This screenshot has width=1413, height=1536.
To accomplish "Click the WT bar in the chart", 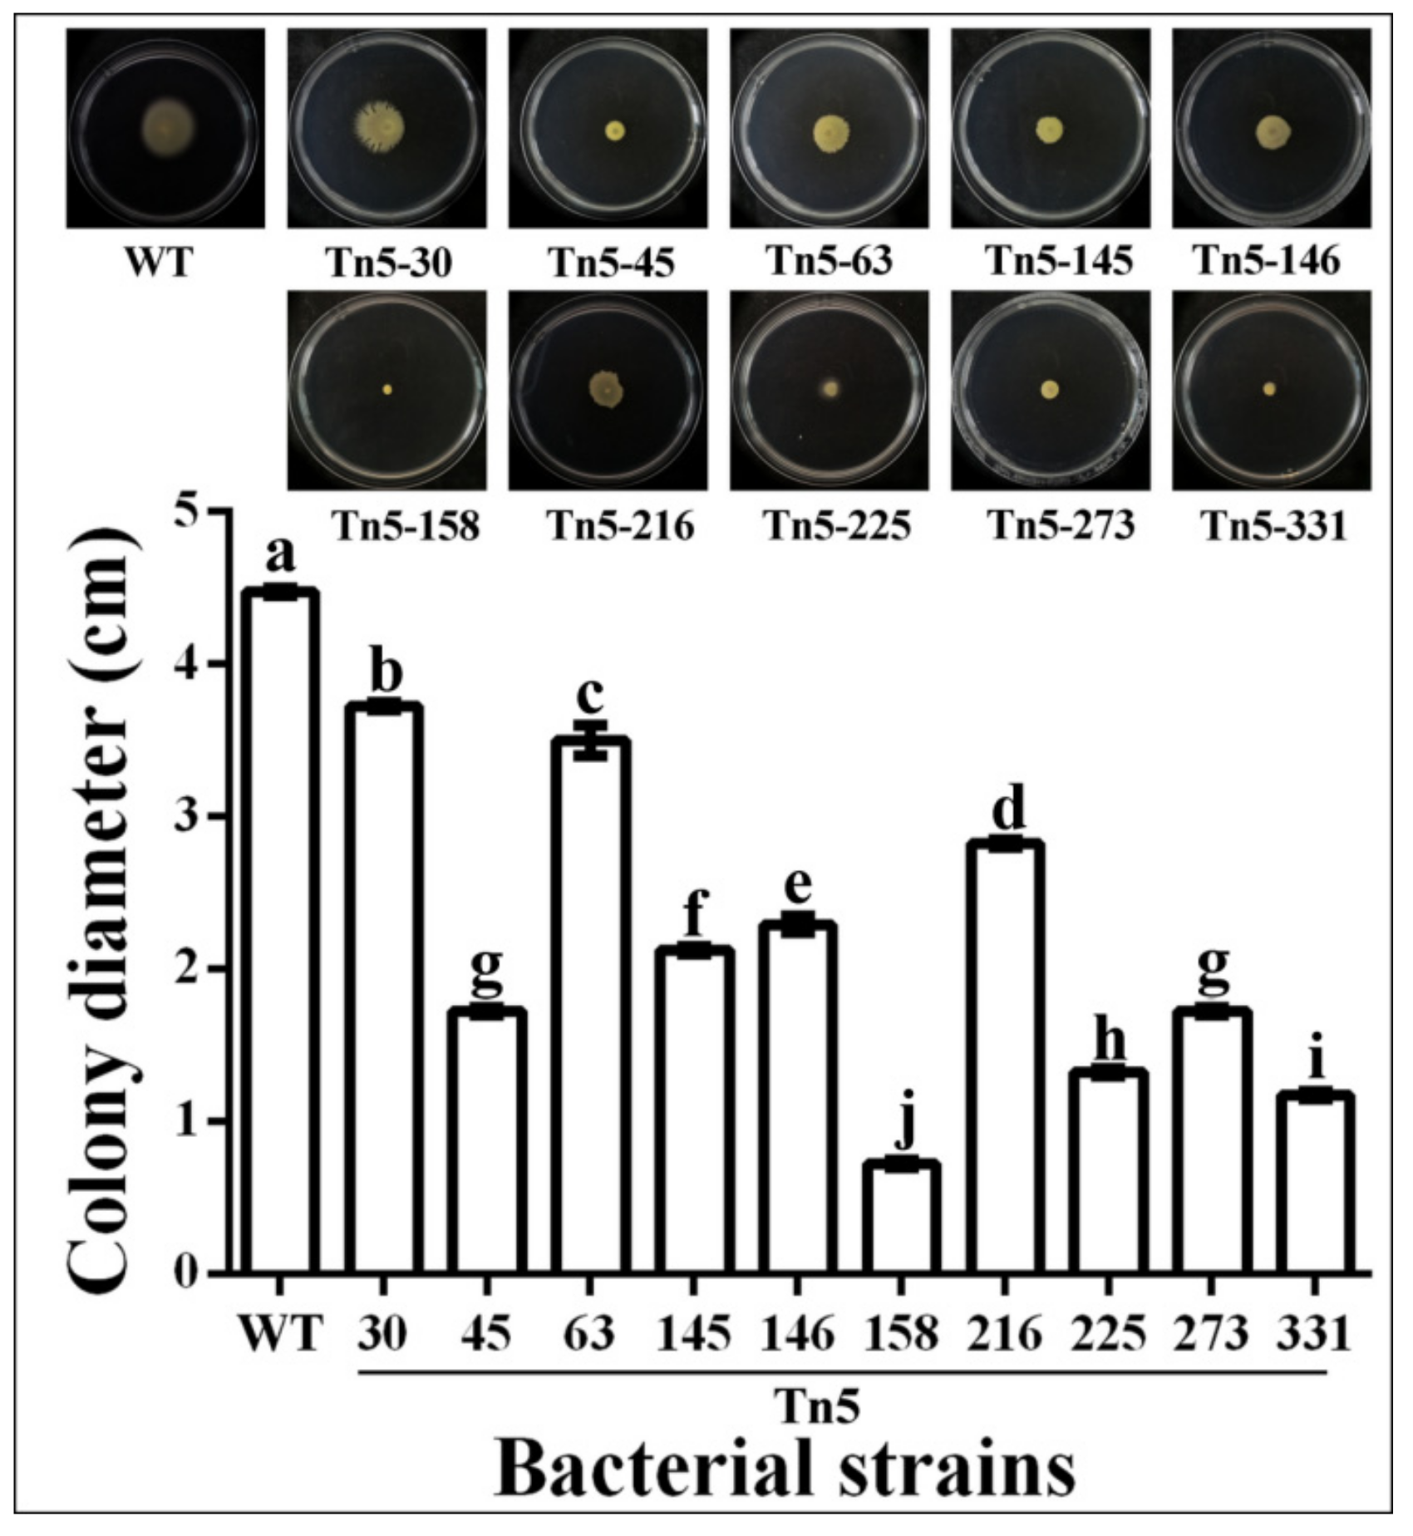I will [280, 931].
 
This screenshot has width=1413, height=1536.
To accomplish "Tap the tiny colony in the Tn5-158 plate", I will [386, 389].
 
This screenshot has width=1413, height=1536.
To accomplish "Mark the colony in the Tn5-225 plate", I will [829, 388].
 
